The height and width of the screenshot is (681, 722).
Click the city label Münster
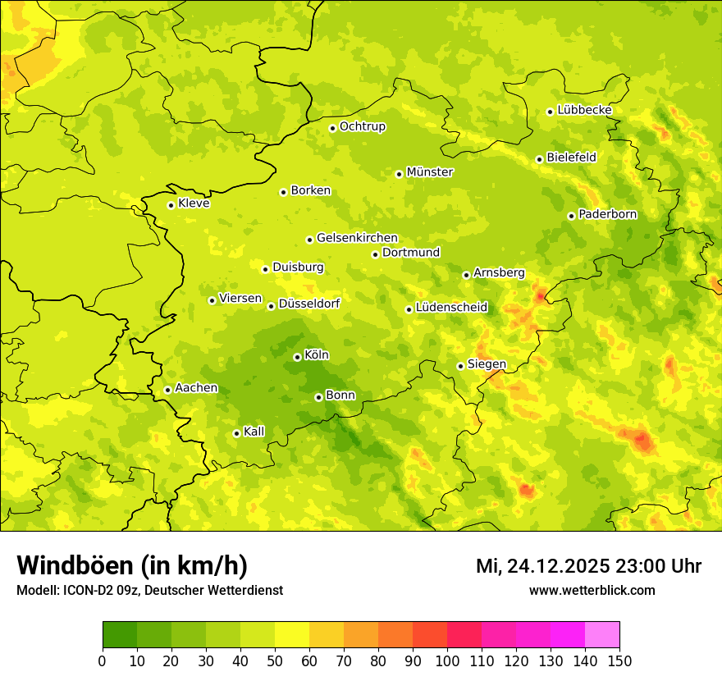coord(430,172)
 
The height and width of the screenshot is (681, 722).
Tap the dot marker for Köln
coord(297,357)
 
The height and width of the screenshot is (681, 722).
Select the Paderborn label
coord(608,214)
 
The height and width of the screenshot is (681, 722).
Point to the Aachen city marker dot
coord(167,390)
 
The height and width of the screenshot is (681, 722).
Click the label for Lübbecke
coord(585,110)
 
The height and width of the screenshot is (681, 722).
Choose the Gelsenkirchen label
coord(357,238)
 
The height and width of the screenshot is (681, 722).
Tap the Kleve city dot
coord(171,205)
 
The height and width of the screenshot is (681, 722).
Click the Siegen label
coord(487,364)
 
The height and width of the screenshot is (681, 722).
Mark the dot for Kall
coord(236,433)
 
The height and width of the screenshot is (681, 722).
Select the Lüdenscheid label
coord(451,308)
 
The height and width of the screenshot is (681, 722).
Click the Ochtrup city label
coord(363,126)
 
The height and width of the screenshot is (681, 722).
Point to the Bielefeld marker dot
coord(539,159)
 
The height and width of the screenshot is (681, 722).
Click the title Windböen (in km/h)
coord(132,565)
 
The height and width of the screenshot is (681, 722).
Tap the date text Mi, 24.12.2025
coord(542,566)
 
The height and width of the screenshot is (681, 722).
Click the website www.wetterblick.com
coord(592,590)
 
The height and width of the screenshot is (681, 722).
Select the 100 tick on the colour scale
coord(447,661)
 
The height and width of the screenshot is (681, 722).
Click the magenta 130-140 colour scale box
coord(568,635)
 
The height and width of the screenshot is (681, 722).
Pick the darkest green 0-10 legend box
coord(119,635)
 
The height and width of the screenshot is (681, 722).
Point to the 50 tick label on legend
coord(275,661)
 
